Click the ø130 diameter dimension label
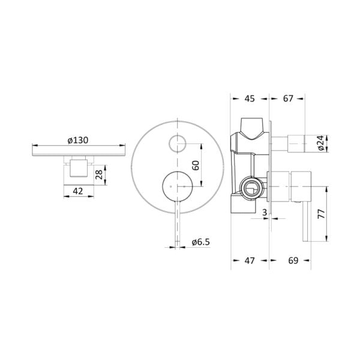pos(79,140)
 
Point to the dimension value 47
pos(249,260)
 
